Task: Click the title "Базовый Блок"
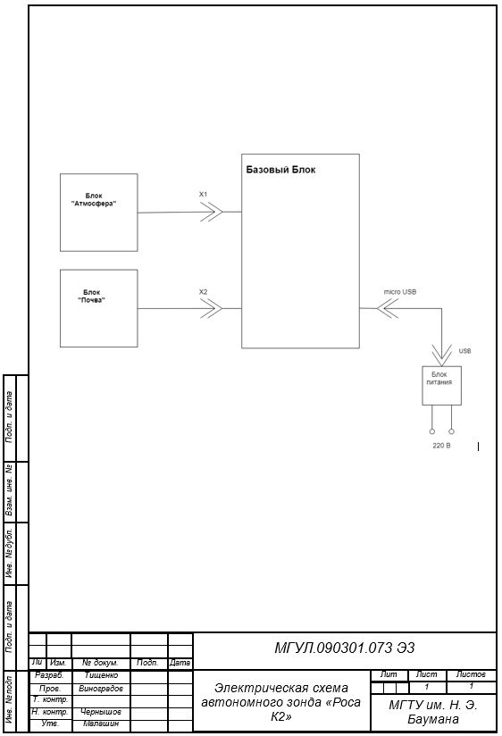pos(280,170)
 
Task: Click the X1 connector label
pos(203,195)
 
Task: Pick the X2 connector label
pos(203,292)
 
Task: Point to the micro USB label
pos(400,292)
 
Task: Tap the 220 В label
pos(441,446)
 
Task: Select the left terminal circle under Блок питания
pos(432,431)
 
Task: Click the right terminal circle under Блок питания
pos(451,431)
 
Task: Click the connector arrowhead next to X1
pos(212,212)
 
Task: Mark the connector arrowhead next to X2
pos(212,308)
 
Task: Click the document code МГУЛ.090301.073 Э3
pos(345,648)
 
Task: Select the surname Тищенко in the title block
pos(102,675)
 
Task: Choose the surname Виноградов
pos(101,689)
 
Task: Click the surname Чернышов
pos(101,712)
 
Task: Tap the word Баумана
pos(433,720)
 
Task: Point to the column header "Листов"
pos(471,674)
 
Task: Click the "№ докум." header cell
pos(100,663)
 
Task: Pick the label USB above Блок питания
pos(464,351)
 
